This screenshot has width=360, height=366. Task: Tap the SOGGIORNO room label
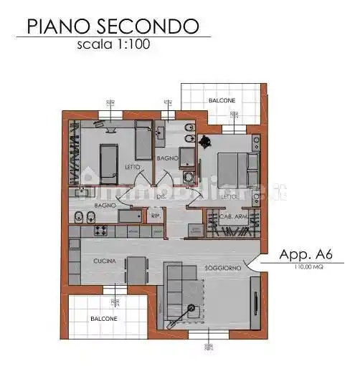click(219, 269)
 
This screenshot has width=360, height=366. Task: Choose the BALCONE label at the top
click(222, 101)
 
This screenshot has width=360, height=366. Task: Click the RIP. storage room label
click(155, 214)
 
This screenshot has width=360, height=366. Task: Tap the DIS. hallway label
click(161, 196)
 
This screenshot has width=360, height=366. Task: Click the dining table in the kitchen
click(136, 270)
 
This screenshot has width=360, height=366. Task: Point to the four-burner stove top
click(101, 231)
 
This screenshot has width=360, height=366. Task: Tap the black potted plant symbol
click(205, 140)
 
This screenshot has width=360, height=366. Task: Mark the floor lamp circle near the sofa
click(191, 307)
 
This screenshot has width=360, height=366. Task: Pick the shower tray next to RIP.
click(131, 215)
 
